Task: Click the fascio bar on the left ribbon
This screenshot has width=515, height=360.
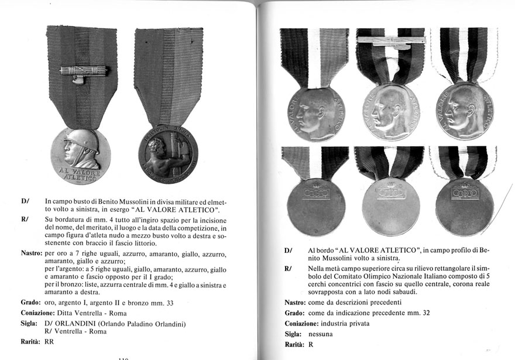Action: [x=84, y=71]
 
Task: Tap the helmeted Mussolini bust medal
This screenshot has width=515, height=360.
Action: [x=80, y=157]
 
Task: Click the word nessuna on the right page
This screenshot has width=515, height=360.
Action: [x=321, y=334]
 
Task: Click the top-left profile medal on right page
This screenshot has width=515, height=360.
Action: [x=316, y=113]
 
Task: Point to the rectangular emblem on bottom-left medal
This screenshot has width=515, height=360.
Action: [x=316, y=193]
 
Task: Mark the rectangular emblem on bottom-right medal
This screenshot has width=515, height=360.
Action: [x=465, y=193]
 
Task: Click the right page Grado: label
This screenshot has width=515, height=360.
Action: [x=295, y=313]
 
